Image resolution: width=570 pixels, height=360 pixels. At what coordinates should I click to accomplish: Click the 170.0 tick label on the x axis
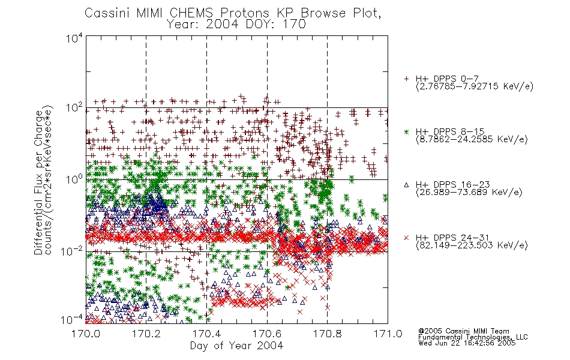(x=85, y=334)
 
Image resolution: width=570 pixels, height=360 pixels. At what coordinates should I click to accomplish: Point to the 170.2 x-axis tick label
(x=146, y=334)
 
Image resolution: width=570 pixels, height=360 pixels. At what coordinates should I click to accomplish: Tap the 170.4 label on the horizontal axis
(x=206, y=334)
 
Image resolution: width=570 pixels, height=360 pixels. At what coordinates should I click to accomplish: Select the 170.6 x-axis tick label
(x=267, y=334)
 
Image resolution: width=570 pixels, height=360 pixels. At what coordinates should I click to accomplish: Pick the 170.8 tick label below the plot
(x=328, y=334)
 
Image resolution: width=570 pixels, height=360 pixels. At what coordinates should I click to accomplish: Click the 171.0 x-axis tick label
(x=388, y=334)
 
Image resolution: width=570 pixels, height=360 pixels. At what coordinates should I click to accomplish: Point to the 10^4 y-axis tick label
(x=74, y=38)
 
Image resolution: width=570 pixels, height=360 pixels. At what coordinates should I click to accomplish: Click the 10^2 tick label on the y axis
(x=74, y=108)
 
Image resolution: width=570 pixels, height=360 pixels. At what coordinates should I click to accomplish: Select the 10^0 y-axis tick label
(x=74, y=179)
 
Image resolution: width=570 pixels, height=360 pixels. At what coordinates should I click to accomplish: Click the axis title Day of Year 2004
(x=236, y=346)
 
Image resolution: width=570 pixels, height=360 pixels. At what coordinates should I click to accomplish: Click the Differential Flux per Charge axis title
(x=38, y=182)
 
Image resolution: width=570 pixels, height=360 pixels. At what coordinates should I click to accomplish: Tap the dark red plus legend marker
(x=406, y=79)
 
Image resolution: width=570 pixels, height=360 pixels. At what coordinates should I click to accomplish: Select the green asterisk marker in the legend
(x=406, y=131)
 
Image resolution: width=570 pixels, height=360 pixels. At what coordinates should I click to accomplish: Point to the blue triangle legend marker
(x=406, y=185)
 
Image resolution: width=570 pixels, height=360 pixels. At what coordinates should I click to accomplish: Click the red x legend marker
(x=406, y=238)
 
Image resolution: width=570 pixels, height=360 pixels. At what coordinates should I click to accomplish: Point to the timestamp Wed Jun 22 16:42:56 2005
(x=467, y=343)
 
